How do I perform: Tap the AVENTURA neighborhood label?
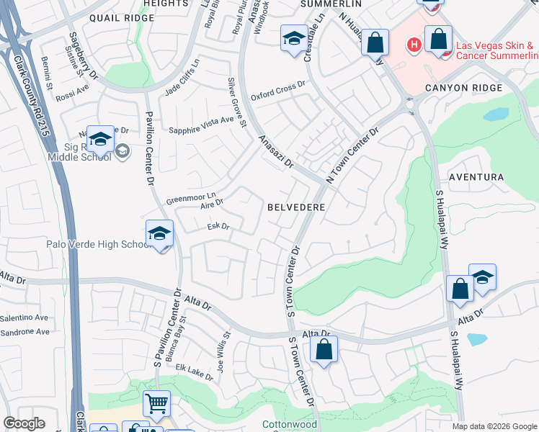[x=476, y=177]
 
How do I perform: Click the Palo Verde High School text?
[x=97, y=245]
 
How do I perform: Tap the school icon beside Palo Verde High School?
[x=160, y=233]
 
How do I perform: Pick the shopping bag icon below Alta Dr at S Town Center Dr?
[x=324, y=351]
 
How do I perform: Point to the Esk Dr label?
[x=218, y=227]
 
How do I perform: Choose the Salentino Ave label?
[x=24, y=318]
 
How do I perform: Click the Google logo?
[x=24, y=423]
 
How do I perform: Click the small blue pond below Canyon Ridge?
[x=496, y=114]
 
